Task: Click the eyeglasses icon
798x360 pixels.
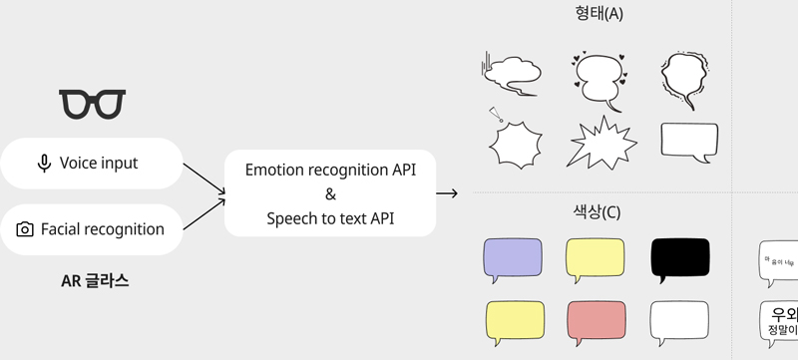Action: [93, 103]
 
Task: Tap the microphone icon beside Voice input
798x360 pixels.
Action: [44, 163]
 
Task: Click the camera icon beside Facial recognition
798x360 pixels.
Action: [26, 229]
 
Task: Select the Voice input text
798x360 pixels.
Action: [99, 163]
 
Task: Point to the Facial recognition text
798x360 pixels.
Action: [103, 229]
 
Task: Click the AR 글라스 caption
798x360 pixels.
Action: [95, 281]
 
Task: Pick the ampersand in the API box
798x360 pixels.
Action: [330, 194]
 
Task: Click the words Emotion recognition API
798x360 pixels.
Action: [330, 171]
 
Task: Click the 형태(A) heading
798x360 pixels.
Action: [599, 13]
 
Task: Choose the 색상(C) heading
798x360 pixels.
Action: [598, 212]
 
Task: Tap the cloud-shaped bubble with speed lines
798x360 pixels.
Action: [511, 73]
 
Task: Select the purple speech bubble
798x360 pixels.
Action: [512, 257]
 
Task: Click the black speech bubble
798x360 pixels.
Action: [679, 257]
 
